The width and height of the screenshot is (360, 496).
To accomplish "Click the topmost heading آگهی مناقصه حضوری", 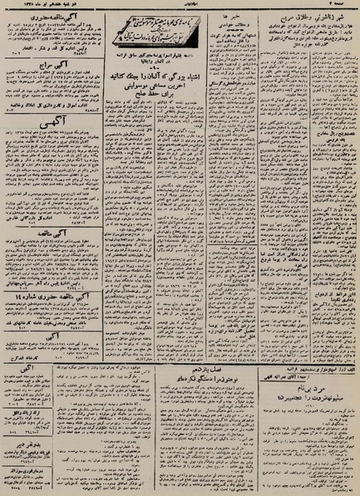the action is pos(50,14).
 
